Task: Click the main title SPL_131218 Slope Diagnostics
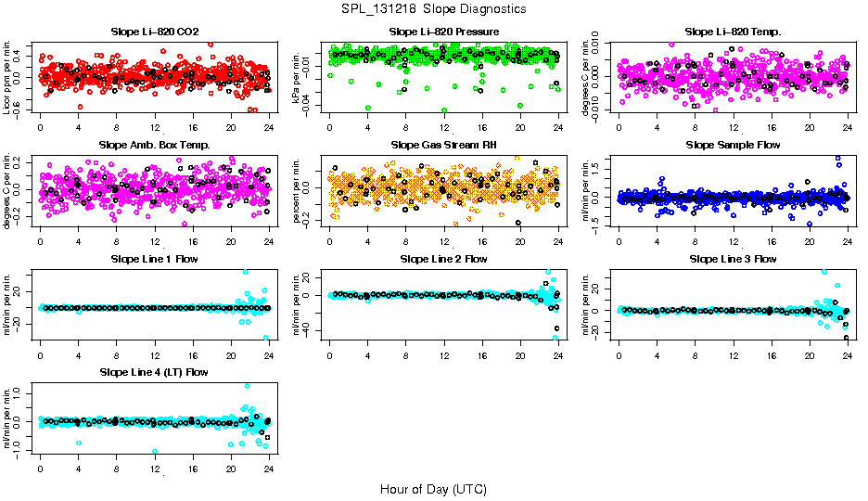point(433,8)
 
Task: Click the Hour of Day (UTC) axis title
point(433,488)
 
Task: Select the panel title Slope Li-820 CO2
point(154,32)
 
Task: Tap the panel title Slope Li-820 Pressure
point(444,32)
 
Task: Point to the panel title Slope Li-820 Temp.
point(734,32)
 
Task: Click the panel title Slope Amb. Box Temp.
point(154,146)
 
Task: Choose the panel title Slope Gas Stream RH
point(444,146)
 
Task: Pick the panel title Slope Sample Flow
point(734,146)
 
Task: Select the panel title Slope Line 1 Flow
point(154,259)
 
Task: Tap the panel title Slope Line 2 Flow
point(444,259)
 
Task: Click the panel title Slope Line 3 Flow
point(734,259)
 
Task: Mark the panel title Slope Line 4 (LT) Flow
point(154,372)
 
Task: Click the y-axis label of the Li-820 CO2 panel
point(7,77)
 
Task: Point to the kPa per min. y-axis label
point(298,77)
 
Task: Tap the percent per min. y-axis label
point(298,190)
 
